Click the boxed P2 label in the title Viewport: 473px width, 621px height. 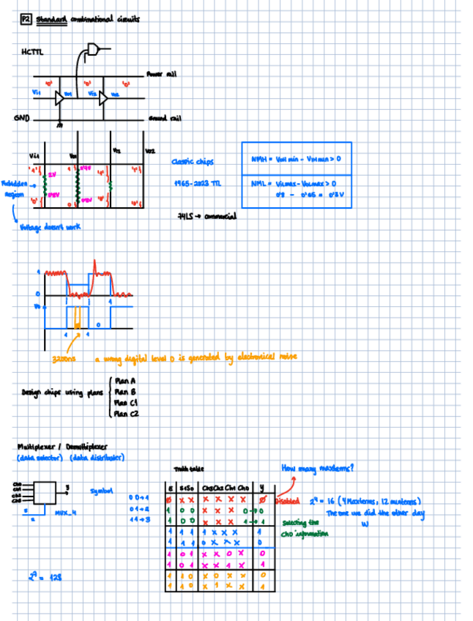[x=26, y=20]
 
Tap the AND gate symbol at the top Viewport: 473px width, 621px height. [x=93, y=49]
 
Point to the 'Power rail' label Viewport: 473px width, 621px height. [x=160, y=74]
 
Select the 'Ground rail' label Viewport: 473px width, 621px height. [x=164, y=118]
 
